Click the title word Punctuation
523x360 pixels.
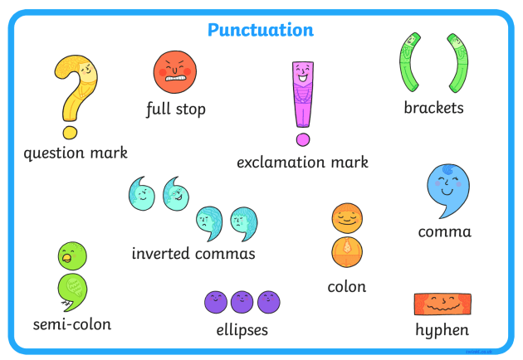click(261, 31)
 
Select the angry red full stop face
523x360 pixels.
click(174, 71)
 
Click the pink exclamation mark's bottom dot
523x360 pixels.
click(303, 139)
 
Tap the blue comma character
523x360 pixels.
click(447, 187)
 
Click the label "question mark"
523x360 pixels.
click(76, 153)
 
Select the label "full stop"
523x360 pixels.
click(175, 109)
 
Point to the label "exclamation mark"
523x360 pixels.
click(302, 162)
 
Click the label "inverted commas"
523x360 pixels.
click(193, 253)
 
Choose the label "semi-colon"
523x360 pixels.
click(72, 324)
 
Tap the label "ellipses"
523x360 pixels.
click(242, 330)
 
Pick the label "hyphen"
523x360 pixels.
click(442, 330)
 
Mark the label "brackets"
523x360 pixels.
click(433, 108)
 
